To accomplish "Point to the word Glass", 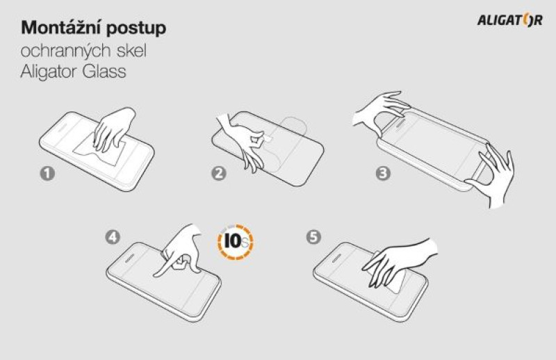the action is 104,72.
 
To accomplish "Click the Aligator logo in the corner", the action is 510,20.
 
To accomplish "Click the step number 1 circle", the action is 47,174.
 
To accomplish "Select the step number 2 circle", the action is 219,174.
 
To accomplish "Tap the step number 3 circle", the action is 383,174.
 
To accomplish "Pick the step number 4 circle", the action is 113,237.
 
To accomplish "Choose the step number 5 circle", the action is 313,237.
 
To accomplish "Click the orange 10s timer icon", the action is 235,242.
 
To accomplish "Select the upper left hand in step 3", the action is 381,112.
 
